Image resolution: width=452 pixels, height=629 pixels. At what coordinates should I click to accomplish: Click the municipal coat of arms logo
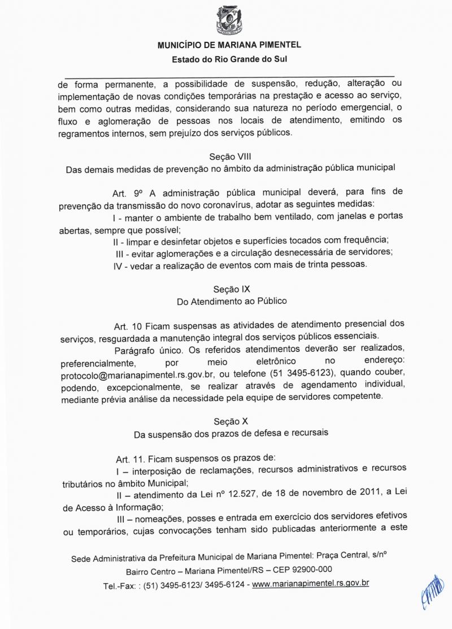pos(229,20)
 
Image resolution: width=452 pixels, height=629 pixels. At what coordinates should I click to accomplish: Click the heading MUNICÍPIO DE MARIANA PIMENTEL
pos(229,45)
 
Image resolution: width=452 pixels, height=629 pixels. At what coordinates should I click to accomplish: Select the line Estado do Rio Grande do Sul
pos(229,58)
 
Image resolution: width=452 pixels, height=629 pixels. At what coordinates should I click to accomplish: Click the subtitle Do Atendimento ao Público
pos(232,302)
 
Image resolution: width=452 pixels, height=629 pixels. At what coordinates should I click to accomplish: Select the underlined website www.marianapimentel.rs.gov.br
pos(310,583)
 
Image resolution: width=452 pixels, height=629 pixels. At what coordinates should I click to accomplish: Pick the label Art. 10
pos(128,326)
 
